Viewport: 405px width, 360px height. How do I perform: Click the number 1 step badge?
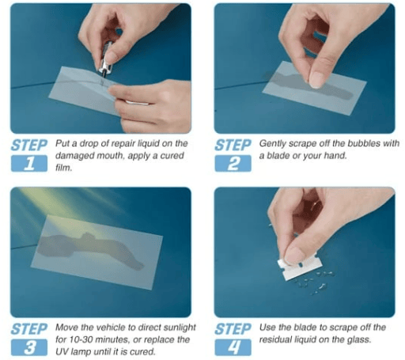point(29,164)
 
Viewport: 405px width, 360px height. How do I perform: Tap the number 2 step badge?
point(233,164)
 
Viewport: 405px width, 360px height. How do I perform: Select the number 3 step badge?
point(29,347)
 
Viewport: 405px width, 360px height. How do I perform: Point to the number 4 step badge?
point(233,347)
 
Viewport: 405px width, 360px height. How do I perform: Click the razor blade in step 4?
point(301,267)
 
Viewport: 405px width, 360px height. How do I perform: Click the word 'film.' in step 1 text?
point(63,168)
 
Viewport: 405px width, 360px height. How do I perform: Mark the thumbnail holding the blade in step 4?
point(293,255)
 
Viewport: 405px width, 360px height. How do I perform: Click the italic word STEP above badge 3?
point(29,329)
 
